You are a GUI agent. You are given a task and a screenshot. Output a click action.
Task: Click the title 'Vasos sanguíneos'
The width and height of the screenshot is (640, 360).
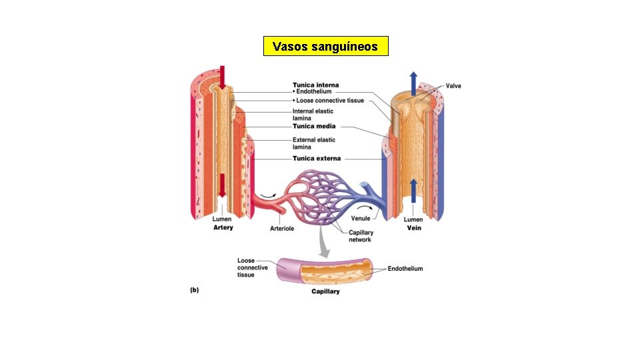[325, 47]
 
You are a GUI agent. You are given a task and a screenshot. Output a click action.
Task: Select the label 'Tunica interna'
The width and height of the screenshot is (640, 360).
[316, 85]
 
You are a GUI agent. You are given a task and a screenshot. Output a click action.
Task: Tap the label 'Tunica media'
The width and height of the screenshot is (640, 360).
[314, 126]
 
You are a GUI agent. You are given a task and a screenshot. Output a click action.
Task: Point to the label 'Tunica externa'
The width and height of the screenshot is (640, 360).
[317, 159]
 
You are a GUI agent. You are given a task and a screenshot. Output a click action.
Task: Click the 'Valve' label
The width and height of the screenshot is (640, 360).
[453, 86]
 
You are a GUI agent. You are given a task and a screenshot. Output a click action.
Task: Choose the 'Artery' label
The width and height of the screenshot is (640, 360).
[223, 227]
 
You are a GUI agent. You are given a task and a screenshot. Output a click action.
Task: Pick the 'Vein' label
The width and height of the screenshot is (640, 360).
[414, 227]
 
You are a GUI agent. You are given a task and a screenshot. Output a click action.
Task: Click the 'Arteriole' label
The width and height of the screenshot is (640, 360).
[282, 228]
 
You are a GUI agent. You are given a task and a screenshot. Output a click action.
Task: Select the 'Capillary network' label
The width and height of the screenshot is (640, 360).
[361, 236]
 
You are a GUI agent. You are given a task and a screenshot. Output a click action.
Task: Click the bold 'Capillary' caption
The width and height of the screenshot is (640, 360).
[325, 291]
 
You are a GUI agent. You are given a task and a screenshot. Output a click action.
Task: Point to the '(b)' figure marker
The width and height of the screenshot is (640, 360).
[195, 289]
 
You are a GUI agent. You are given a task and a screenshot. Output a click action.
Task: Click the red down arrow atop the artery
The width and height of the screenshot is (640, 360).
[221, 77]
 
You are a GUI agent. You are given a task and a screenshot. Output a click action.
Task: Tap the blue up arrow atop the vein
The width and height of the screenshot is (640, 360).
[414, 82]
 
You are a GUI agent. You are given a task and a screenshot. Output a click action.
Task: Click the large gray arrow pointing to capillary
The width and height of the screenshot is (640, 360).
[324, 243]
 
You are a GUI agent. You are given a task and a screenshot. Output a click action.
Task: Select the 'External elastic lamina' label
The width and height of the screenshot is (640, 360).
[313, 143]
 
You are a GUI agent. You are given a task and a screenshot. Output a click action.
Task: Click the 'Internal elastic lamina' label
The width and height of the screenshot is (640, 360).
[313, 115]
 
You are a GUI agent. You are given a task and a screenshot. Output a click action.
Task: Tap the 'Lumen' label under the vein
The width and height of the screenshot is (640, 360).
[414, 219]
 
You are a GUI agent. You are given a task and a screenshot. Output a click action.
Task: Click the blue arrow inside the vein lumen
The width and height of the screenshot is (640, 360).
[414, 190]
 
